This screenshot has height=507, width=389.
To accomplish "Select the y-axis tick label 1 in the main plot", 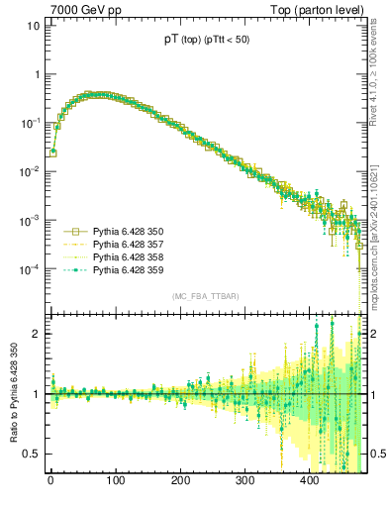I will [x=36, y=74].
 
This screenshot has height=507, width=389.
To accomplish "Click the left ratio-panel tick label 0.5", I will [x=31, y=455].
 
